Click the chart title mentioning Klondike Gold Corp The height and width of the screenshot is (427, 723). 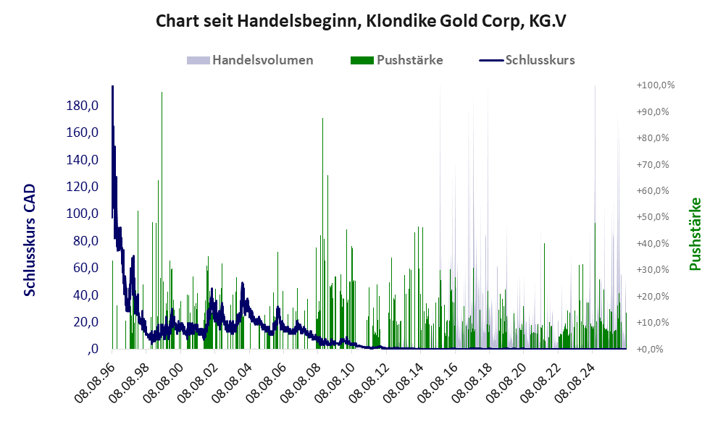pos(361,21)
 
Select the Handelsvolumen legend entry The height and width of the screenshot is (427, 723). pos(250,60)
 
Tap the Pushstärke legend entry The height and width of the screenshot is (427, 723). pos(396,60)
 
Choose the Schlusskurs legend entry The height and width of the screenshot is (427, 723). pos(527,60)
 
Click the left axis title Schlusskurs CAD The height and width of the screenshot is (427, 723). pos(30,240)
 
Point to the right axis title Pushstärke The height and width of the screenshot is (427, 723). pos(695,234)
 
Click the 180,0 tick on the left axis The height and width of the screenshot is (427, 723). pos(83,106)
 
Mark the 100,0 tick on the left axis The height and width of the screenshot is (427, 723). pos(83,213)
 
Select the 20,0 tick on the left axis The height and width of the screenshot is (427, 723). pos(85,322)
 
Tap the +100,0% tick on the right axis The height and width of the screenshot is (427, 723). pos(655,85)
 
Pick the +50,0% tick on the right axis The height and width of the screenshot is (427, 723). pos(653,217)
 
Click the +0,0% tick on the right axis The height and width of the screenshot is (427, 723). pos(650,349)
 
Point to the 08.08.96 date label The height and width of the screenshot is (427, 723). pos(96,383)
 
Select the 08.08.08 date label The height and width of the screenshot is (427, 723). pos(301,383)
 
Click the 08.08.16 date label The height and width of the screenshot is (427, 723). pos(439,383)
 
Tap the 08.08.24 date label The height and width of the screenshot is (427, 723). pos(576,383)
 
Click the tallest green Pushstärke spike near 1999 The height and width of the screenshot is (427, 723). pos(162,220)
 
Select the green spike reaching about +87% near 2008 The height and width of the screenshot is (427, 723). pos(323,233)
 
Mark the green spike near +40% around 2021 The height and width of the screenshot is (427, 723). pos(545,296)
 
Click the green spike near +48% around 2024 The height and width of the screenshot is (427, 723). pos(595,286)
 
